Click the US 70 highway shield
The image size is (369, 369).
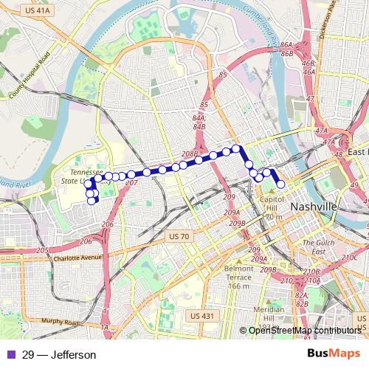(179, 236)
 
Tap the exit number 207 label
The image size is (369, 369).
(131, 182)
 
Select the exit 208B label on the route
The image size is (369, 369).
(190, 154)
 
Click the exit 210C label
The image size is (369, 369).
(350, 258)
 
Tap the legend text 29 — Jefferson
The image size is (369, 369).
(59, 355)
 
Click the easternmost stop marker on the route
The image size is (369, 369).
(280, 184)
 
